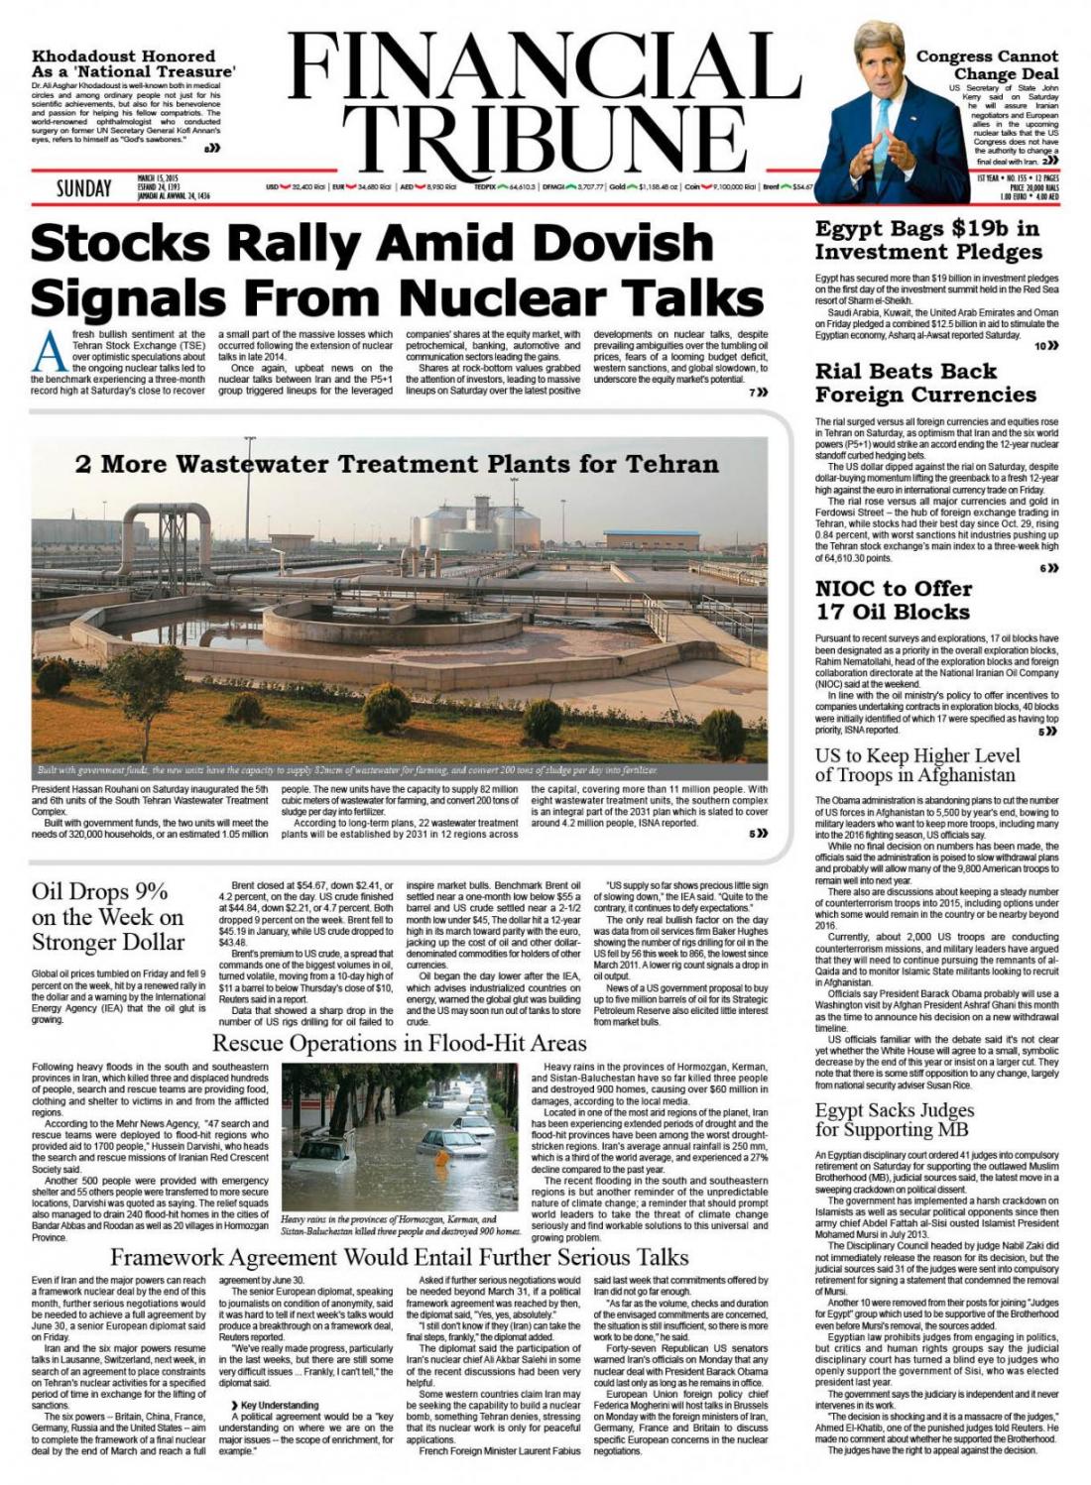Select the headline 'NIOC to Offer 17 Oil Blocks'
(x=893, y=600)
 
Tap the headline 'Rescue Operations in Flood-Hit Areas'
(x=400, y=1043)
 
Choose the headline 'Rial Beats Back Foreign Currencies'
(x=925, y=383)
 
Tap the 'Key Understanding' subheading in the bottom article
(x=279, y=1405)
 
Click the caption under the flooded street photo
(x=402, y=1225)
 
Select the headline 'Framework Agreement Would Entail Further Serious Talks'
(x=399, y=1257)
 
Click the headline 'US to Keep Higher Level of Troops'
(x=917, y=765)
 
